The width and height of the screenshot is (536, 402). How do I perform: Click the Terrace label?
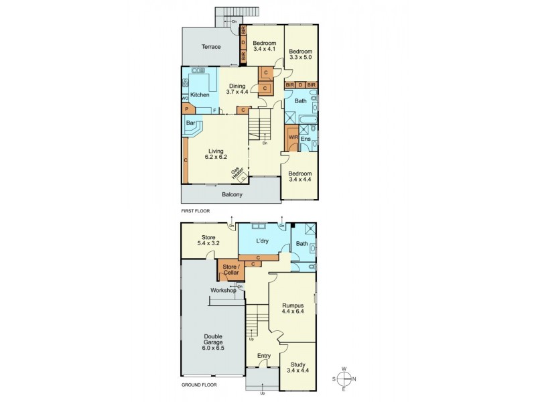tap(212, 47)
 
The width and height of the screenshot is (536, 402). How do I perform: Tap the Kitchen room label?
tap(200, 95)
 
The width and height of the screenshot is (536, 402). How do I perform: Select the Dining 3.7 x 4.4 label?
tap(238, 89)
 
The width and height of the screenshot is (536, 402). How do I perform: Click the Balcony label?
tap(231, 195)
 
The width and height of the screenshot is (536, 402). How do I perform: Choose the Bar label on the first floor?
tap(190, 123)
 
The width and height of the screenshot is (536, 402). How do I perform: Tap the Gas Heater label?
tap(236, 173)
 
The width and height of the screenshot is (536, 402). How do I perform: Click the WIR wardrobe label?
tap(293, 137)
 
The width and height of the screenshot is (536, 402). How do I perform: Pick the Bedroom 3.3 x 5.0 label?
tap(301, 55)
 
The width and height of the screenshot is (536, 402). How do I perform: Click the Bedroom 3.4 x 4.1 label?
tap(265, 46)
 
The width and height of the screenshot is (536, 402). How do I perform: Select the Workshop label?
tap(223, 290)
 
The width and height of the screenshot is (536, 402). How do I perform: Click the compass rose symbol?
tap(344, 377)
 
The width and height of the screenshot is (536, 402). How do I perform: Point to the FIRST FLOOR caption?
tap(196, 210)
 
